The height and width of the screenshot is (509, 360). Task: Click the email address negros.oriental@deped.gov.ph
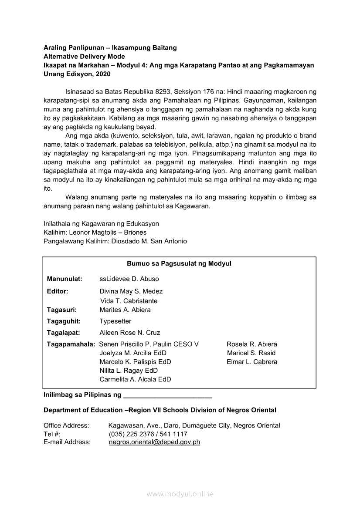click(x=154, y=442)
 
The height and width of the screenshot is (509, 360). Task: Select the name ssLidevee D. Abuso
click(x=129, y=279)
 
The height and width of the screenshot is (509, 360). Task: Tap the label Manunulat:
click(x=65, y=279)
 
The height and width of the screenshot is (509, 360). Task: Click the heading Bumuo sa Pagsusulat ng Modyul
click(x=179, y=264)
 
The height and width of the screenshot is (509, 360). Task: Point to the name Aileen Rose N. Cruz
click(x=130, y=333)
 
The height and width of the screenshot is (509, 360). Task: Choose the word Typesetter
click(x=115, y=321)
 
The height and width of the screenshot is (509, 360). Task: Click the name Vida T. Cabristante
click(x=129, y=301)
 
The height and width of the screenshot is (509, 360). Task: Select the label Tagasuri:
click(x=62, y=310)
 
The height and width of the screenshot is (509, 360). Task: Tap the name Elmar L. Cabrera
click(x=252, y=362)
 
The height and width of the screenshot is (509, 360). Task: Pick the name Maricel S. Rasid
click(x=251, y=353)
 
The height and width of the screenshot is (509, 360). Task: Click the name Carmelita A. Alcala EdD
click(x=135, y=379)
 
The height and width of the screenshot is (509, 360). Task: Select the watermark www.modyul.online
click(x=180, y=494)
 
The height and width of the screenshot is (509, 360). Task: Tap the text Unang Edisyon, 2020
click(x=77, y=74)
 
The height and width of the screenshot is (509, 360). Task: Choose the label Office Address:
click(x=66, y=425)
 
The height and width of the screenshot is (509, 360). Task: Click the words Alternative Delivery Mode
click(x=84, y=57)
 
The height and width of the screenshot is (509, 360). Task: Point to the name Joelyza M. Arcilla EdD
click(x=133, y=353)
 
